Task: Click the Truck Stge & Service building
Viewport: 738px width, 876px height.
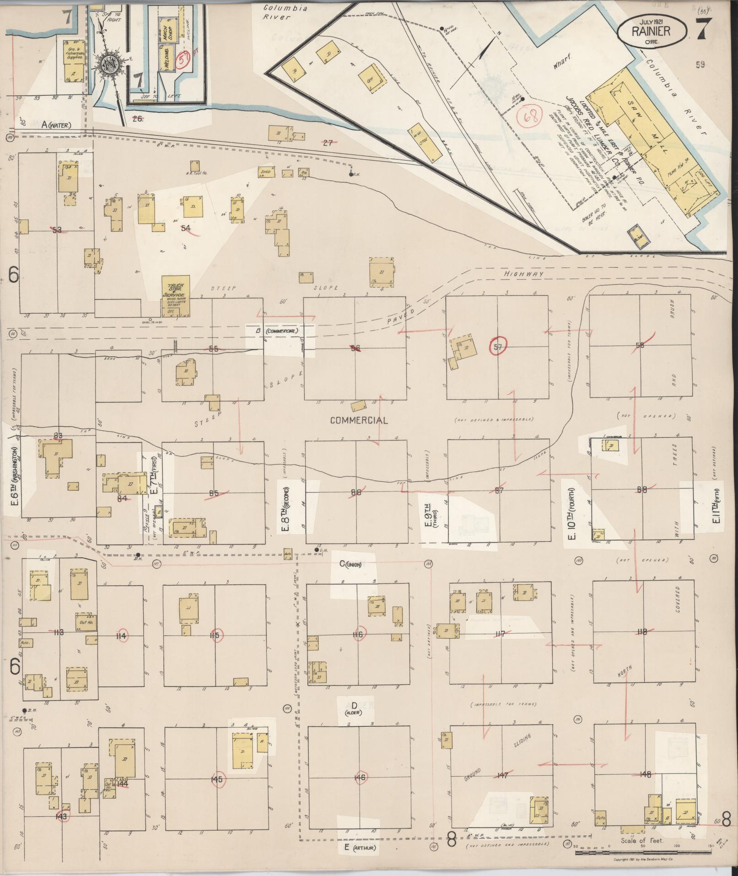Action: click(177, 297)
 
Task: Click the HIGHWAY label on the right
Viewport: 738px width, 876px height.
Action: click(523, 274)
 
